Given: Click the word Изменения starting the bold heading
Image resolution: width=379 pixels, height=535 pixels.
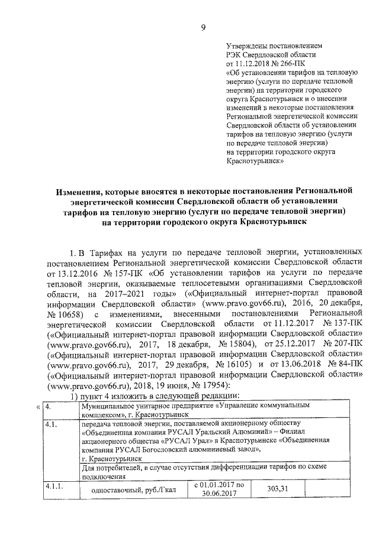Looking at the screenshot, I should point(82,192).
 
